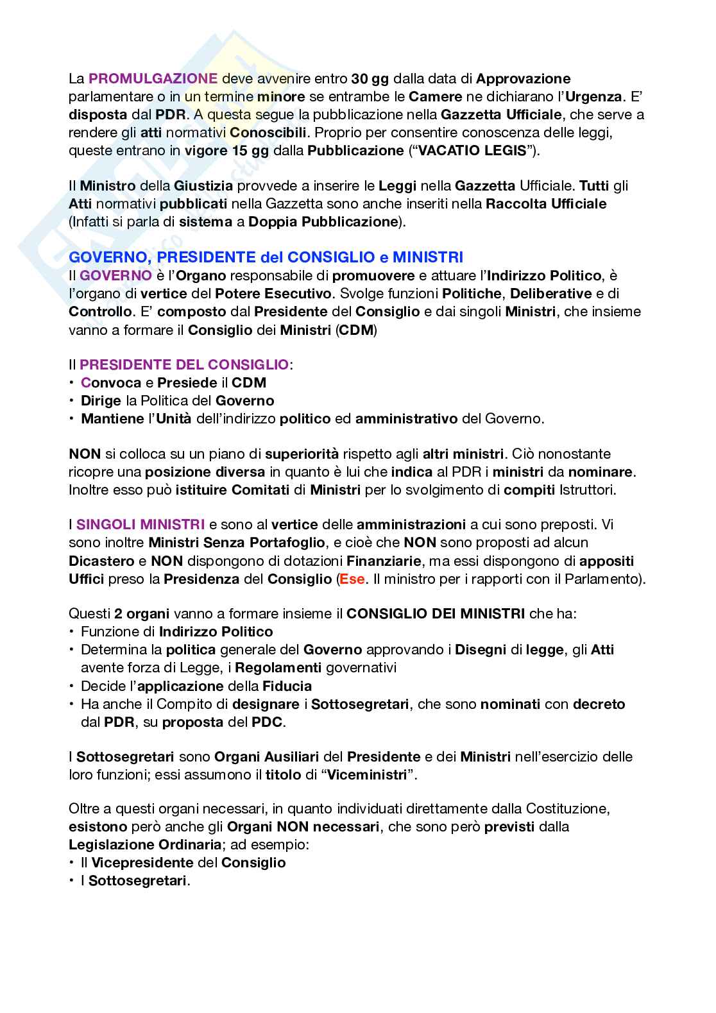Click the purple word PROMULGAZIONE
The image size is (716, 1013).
[x=153, y=79]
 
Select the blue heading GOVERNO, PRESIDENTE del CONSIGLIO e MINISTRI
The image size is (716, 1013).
[x=266, y=257]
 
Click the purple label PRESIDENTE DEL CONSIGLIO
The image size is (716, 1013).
[x=183, y=365]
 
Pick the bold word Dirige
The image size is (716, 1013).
[x=101, y=401]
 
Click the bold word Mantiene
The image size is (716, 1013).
[x=112, y=419]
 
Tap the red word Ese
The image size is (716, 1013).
[x=352, y=579]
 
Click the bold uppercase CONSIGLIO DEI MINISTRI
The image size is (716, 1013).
[x=436, y=613]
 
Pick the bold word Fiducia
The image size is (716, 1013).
[x=284, y=685]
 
